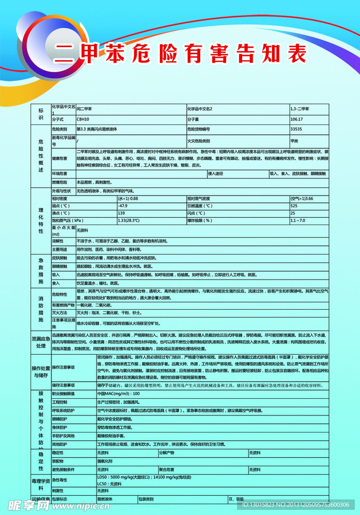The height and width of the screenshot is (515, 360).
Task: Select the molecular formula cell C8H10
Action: click(83, 119)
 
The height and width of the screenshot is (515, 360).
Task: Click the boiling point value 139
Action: click(121, 213)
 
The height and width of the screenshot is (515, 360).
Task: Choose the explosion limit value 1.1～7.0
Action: click(298, 220)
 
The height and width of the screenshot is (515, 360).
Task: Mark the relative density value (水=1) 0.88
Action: click(128, 199)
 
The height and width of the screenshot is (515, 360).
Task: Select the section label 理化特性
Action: click(41, 220)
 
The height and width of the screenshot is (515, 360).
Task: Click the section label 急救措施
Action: click(41, 270)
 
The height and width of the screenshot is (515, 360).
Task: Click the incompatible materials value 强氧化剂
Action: click(104, 461)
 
